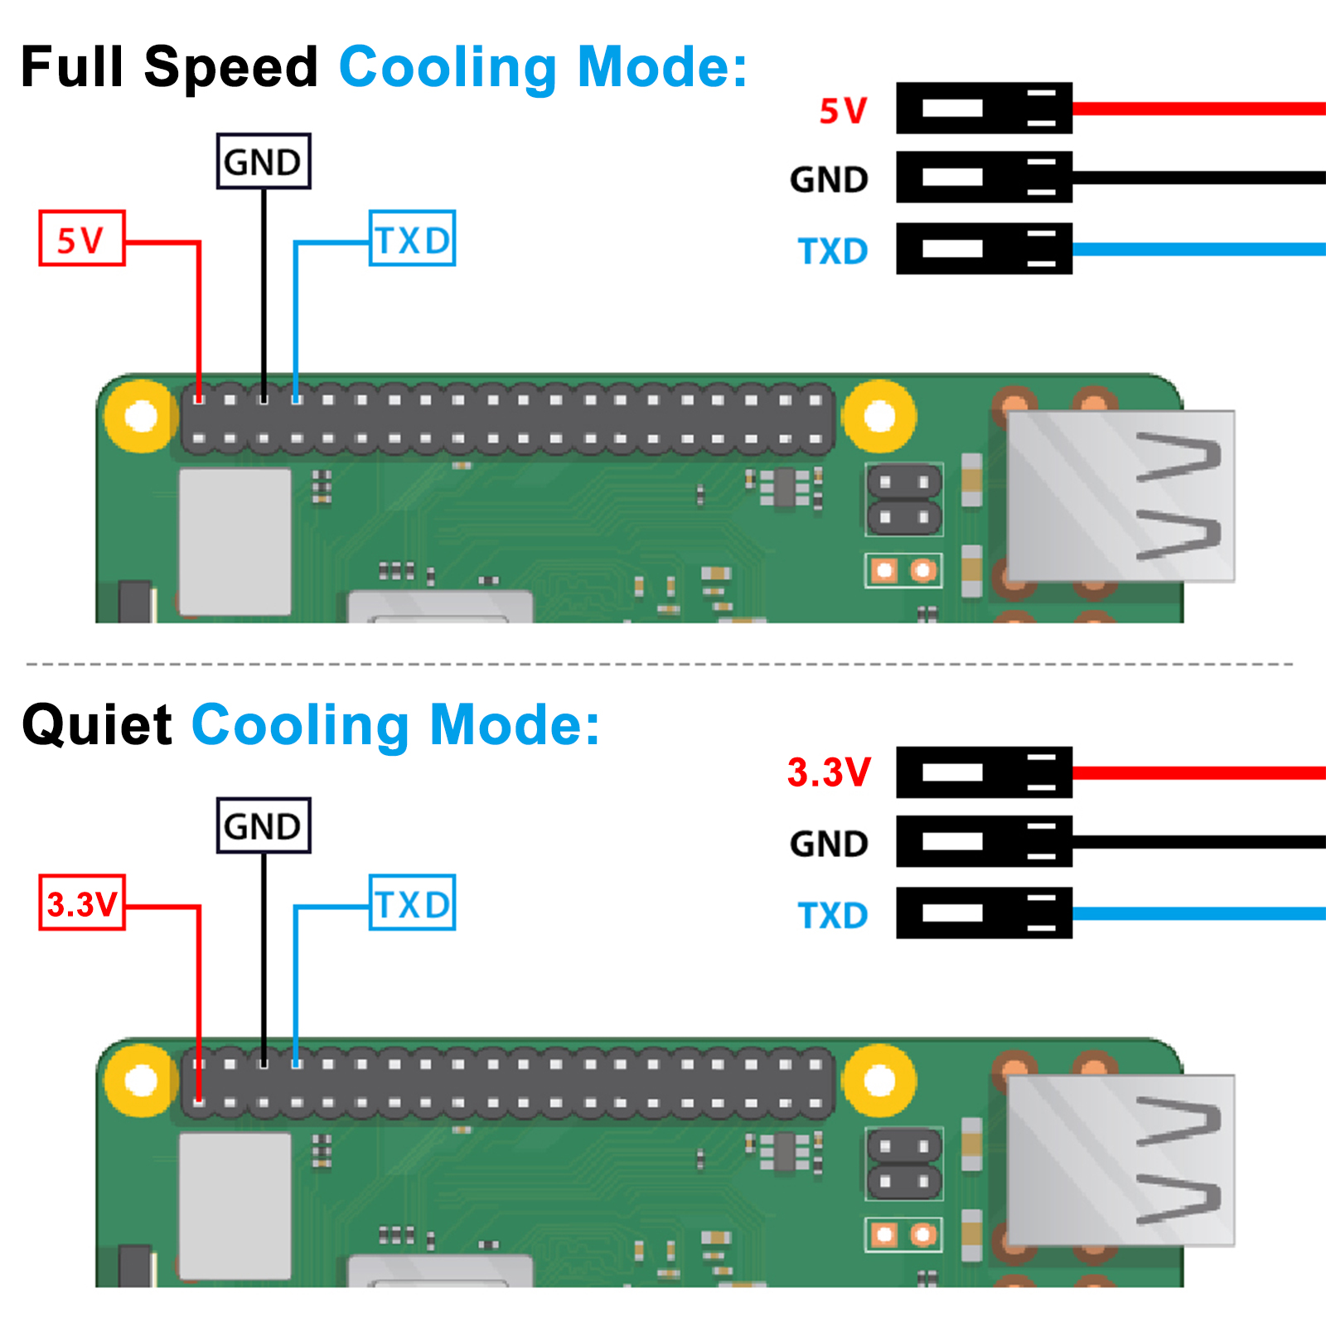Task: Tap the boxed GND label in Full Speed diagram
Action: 264,162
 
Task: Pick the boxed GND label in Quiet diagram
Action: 264,826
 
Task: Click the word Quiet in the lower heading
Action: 97,725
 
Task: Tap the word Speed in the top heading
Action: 230,68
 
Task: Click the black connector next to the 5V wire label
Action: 985,108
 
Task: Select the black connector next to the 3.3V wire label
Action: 985,772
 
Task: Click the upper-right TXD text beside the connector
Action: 833,251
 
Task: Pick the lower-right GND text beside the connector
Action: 829,844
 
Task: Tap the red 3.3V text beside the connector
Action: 829,772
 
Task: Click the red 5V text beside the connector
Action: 843,110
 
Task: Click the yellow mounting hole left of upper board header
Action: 142,416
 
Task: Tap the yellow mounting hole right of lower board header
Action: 879,1081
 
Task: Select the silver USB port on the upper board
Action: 1120,496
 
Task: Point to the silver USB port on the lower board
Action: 1120,1160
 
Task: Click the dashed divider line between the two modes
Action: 660,664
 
